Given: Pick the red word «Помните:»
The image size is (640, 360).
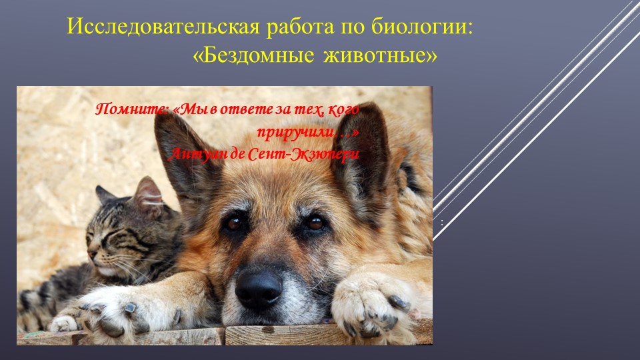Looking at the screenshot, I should (132, 109).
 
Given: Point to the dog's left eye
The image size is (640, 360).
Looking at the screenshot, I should (234, 223).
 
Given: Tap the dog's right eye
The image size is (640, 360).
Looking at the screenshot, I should (315, 223).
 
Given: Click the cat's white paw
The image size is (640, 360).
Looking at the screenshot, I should (65, 324).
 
